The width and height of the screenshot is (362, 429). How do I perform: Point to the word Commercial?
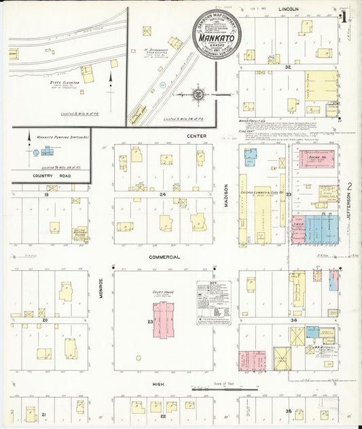point(166,257)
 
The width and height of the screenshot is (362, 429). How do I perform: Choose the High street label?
point(159,384)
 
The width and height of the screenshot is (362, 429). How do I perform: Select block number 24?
point(162,194)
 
